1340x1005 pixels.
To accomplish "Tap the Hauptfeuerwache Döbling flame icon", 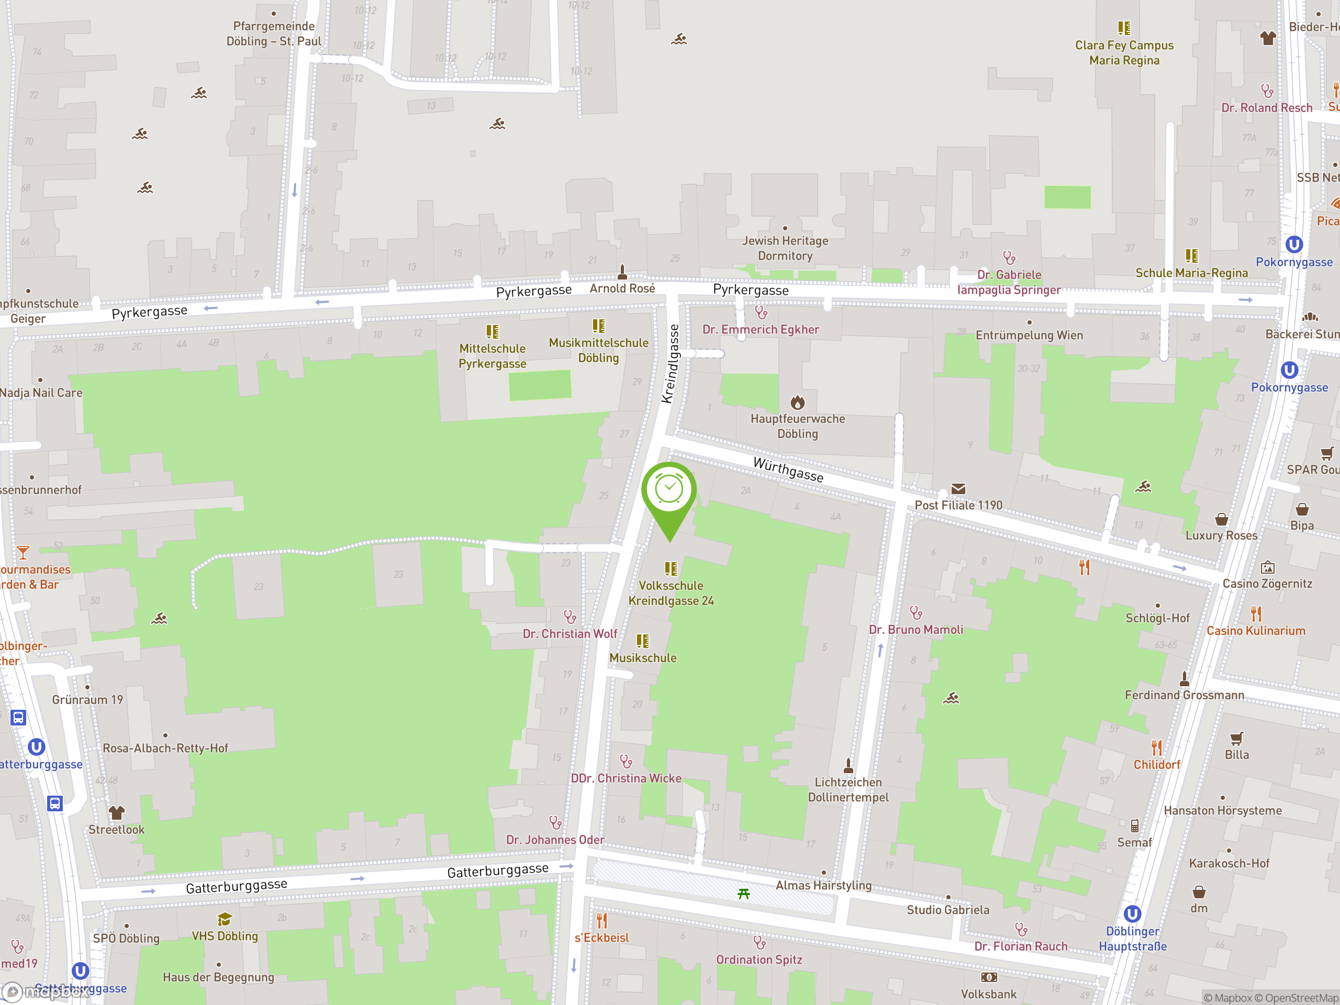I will [797, 402].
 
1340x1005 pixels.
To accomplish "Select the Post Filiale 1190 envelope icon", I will [958, 489].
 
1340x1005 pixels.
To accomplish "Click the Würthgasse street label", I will [788, 470].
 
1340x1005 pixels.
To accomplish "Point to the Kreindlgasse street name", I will [671, 363].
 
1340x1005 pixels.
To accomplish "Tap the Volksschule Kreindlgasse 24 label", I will [671, 593].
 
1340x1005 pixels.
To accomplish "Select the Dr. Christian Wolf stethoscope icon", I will [570, 617].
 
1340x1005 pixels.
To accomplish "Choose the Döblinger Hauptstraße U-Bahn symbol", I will [1132, 913].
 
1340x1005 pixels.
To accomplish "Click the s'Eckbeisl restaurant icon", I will [601, 921].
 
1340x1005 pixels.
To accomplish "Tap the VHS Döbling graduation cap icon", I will [225, 920].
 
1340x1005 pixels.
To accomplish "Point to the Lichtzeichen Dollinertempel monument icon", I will [848, 766].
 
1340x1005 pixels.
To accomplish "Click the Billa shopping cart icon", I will [1236, 739].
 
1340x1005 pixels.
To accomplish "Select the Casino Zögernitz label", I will [1267, 584].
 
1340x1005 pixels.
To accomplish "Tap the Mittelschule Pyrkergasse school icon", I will [493, 331].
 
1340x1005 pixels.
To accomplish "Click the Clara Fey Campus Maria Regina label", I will [1124, 53].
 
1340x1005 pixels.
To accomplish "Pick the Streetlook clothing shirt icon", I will [116, 812].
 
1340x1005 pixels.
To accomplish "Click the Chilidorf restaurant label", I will [1156, 765].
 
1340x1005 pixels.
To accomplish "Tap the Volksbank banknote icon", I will [989, 977].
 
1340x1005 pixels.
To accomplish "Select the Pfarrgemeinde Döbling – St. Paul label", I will [274, 34].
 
